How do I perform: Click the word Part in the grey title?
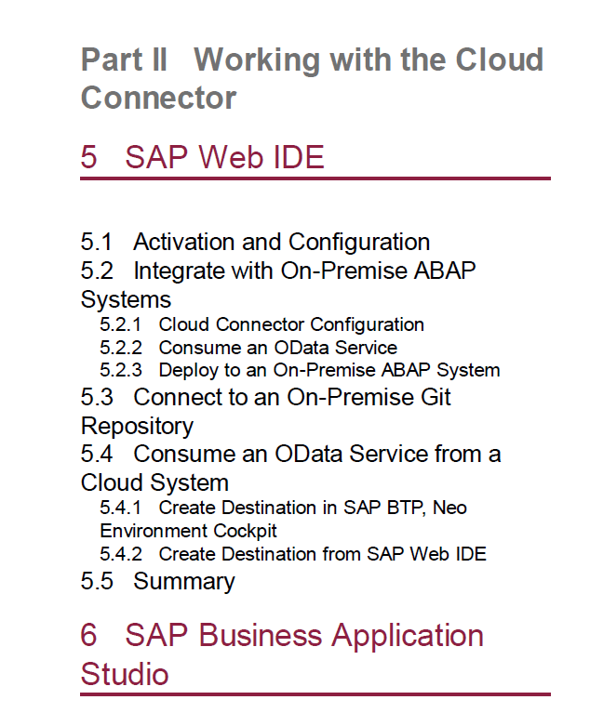point(112,59)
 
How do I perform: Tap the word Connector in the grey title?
point(158,98)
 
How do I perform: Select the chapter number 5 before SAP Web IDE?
point(88,157)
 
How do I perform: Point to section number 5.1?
point(96,242)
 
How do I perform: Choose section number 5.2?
point(97,271)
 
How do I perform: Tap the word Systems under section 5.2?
point(127,299)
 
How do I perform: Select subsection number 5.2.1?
point(121,324)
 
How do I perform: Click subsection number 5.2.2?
point(121,348)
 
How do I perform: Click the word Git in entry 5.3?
point(436,397)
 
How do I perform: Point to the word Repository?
point(137,427)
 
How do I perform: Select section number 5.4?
point(97,454)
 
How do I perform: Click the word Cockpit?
point(245,531)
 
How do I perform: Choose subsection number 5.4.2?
point(121,554)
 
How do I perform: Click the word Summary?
point(184,582)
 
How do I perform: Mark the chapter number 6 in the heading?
point(88,635)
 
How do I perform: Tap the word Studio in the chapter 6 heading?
point(125,674)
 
